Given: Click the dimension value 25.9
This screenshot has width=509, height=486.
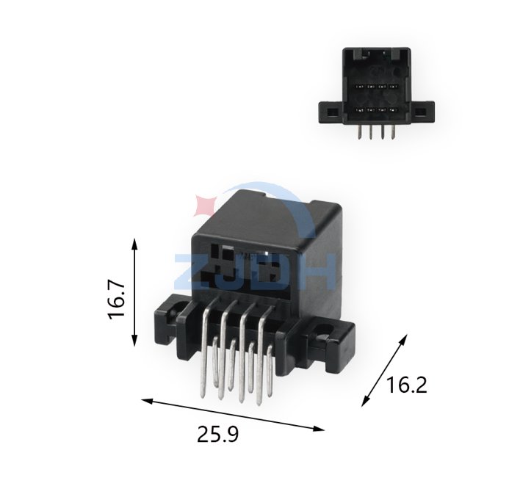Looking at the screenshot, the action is click(218, 435).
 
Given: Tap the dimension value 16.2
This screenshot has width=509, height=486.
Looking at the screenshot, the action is click(406, 385).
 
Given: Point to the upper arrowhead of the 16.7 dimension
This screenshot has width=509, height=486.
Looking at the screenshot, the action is click(134, 244).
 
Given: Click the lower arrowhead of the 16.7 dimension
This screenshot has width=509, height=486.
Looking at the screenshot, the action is click(134, 341).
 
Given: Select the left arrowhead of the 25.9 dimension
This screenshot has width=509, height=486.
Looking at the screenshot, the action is click(147, 401).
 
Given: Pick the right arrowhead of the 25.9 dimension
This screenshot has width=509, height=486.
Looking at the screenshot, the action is click(319, 429).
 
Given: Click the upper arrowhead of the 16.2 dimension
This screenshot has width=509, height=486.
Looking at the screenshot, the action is click(403, 338).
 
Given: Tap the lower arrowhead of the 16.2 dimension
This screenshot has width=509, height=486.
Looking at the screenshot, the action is click(365, 402).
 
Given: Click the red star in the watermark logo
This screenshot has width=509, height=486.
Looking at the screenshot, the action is click(204, 206).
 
